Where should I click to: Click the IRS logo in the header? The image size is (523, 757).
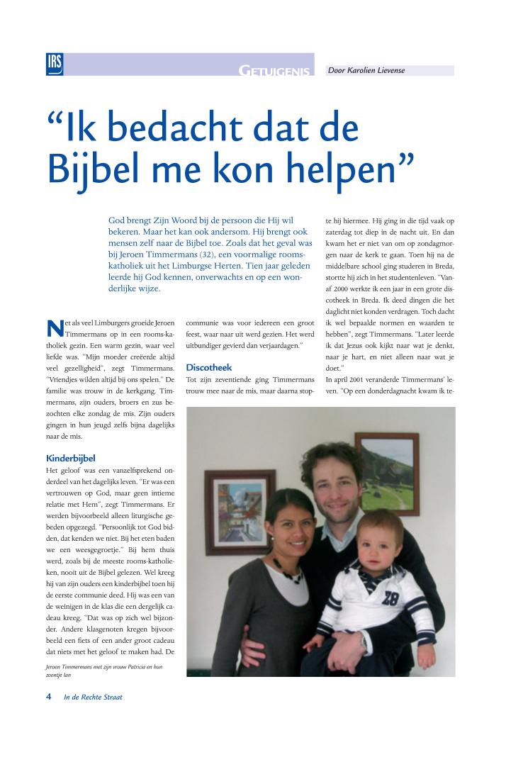point(55,64)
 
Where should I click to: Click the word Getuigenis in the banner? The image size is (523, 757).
point(275,71)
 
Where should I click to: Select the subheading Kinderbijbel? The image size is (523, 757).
point(70,458)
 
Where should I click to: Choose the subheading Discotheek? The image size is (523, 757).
point(209,367)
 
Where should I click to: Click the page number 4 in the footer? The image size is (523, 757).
point(49,697)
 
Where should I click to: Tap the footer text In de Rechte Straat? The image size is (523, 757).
point(93,697)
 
